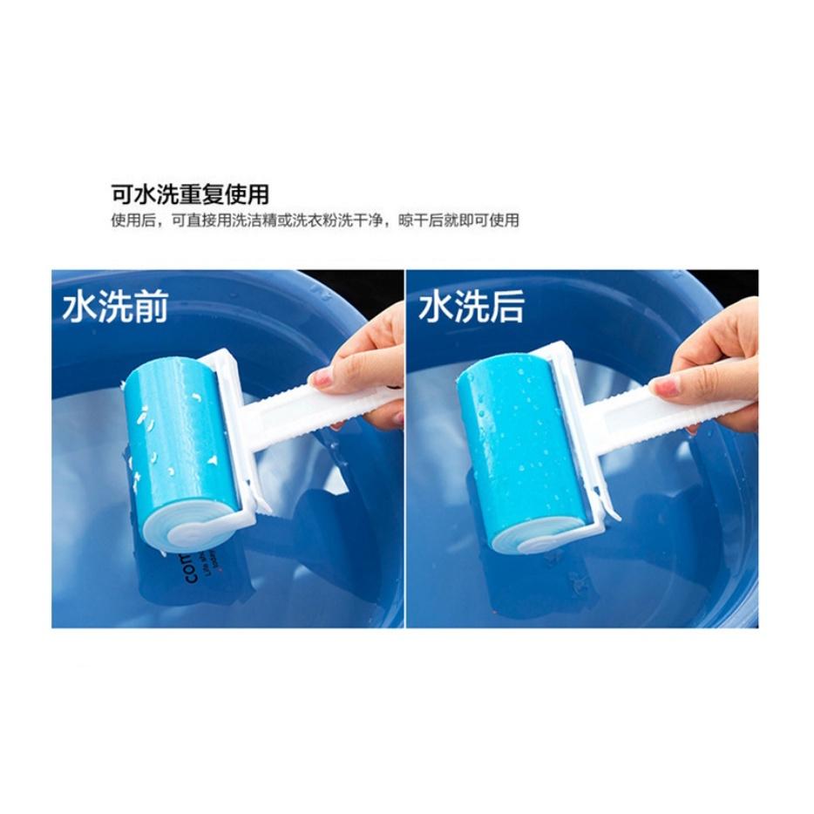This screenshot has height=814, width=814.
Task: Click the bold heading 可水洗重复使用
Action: [x=189, y=193]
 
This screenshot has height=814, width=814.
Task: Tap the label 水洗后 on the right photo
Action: [x=471, y=308]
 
